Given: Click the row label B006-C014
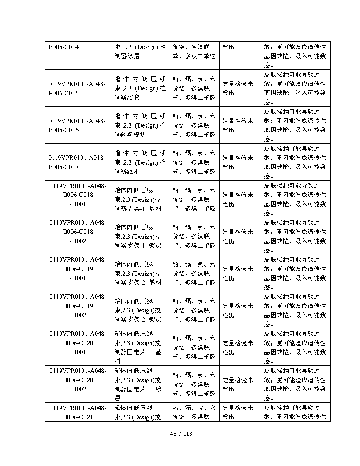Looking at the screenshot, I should [x=64, y=47].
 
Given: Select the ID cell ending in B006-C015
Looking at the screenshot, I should [x=78, y=88].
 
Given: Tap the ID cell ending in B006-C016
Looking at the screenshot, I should [x=78, y=125].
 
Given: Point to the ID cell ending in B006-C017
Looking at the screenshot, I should [x=78, y=162].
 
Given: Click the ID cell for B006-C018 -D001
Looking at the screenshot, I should [x=78, y=195].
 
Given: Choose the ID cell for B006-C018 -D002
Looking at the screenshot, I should [x=78, y=232].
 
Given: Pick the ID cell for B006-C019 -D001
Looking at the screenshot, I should [x=78, y=269].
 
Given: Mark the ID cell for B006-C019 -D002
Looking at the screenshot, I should [x=78, y=306].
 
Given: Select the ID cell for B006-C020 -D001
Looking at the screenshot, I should [x=78, y=343].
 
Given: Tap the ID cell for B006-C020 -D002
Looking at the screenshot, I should [x=78, y=380].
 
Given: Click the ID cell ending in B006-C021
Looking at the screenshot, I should [x=78, y=412].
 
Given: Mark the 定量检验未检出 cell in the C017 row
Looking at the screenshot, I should [x=240, y=162].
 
